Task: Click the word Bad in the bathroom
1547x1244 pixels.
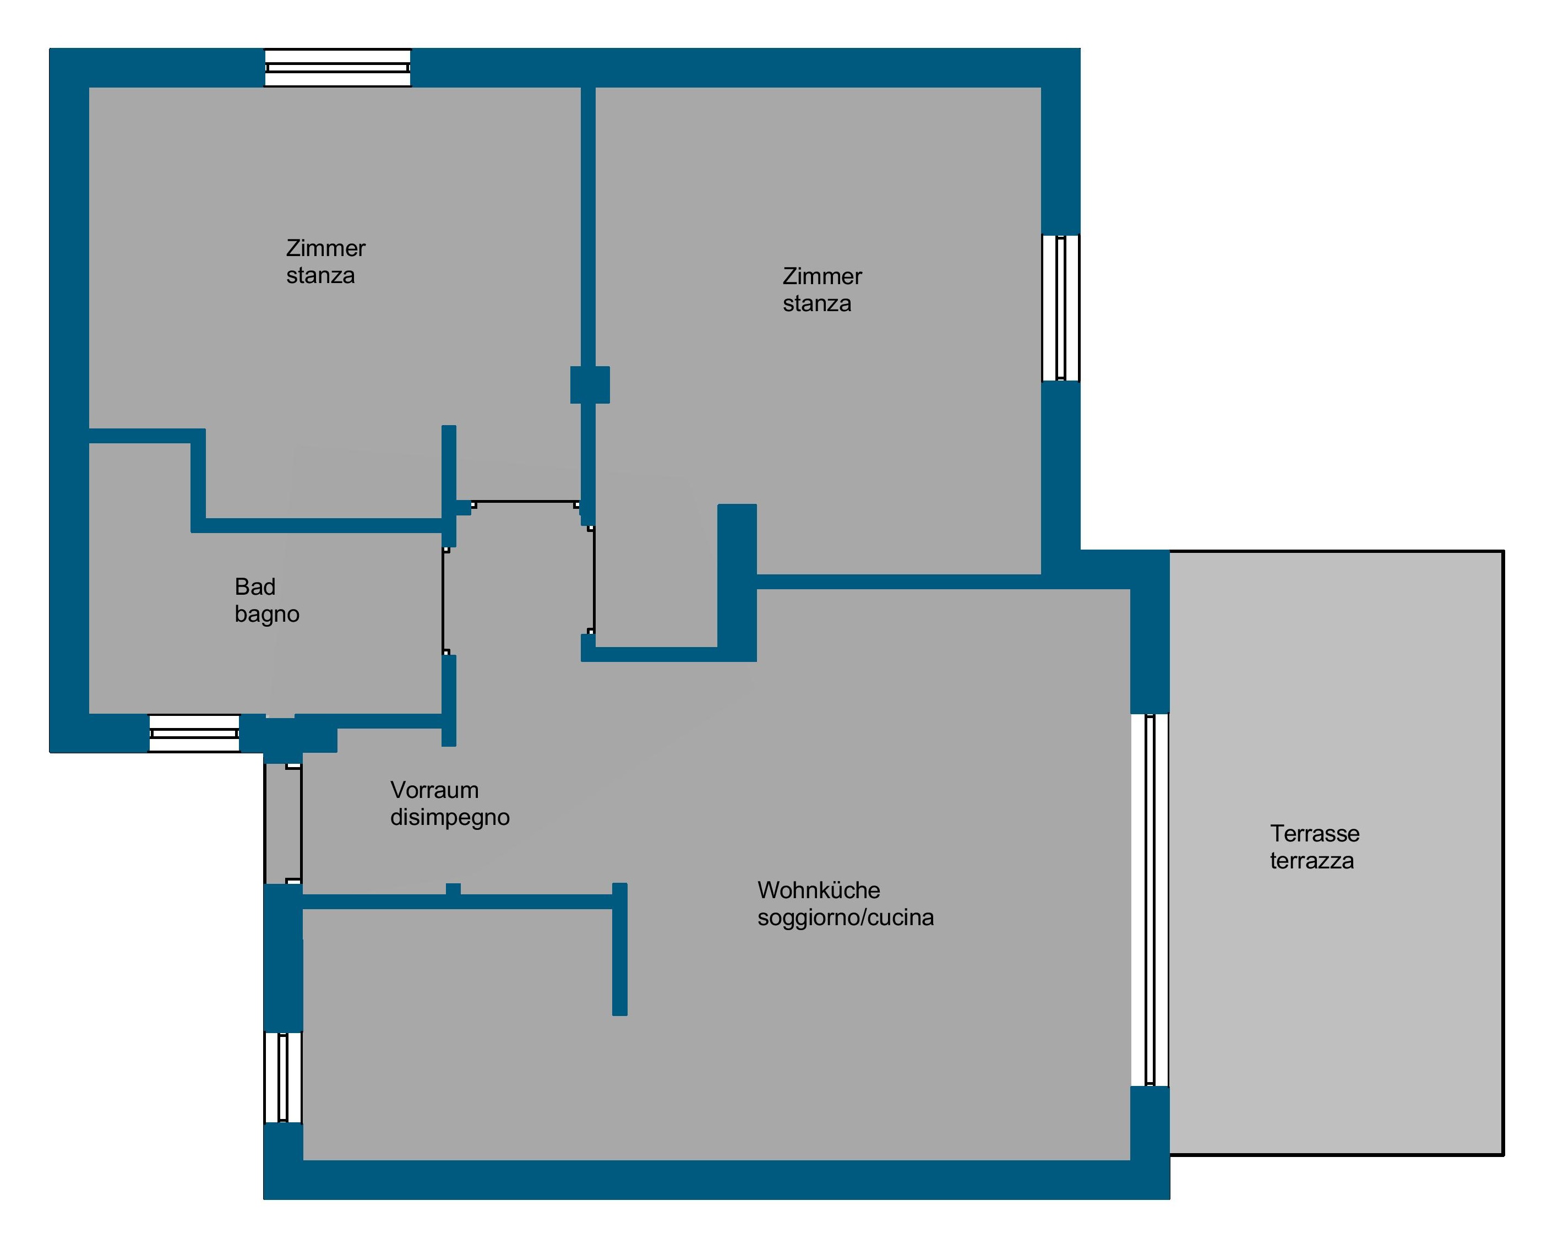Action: [x=255, y=587]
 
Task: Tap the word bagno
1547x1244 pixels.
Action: [x=267, y=615]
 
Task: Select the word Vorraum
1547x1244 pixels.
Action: [x=434, y=790]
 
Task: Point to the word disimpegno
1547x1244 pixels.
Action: [x=450, y=818]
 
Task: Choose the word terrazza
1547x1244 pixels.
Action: [x=1312, y=861]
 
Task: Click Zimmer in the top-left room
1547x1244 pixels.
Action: [x=326, y=248]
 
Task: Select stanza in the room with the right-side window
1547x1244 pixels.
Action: [x=816, y=305]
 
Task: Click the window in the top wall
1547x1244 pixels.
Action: [x=338, y=68]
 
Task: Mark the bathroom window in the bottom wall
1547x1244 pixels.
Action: [x=194, y=734]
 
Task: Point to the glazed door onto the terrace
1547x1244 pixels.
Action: [x=1150, y=900]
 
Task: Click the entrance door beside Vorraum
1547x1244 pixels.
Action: [x=284, y=824]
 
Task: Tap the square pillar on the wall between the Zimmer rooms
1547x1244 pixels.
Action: [x=590, y=385]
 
